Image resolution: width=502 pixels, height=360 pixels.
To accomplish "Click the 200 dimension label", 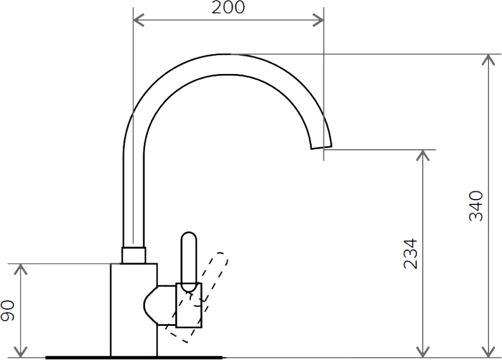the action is click(x=228, y=7).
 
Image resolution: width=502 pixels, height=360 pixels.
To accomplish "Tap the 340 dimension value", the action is click(x=476, y=206).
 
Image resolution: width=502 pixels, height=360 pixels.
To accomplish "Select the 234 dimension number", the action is click(x=411, y=253).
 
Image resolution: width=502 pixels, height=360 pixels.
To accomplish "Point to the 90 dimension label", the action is click(x=8, y=310).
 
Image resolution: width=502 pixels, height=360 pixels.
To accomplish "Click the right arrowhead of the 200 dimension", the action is click(x=318, y=20).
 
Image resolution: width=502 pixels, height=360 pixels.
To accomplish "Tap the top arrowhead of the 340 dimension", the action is click(x=488, y=59).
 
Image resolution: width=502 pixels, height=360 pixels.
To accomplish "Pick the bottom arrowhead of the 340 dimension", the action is click(x=488, y=352).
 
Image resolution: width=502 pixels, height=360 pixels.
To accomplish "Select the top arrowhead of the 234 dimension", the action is click(x=423, y=155).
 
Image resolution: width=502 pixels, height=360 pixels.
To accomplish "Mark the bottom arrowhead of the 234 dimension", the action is click(x=423, y=352).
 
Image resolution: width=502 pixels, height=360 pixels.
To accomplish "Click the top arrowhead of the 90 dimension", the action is click(x=21, y=270).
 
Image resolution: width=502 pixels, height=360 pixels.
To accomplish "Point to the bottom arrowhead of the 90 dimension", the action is click(x=21, y=352).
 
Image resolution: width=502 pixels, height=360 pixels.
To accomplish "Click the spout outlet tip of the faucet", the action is click(x=321, y=147).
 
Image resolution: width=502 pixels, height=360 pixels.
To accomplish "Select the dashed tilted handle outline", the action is click(x=197, y=297).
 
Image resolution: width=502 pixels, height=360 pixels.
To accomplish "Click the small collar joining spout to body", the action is click(x=134, y=255).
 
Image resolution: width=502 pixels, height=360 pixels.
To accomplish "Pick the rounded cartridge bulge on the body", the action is click(x=151, y=305).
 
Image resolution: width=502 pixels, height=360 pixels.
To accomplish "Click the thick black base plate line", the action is click(x=134, y=357).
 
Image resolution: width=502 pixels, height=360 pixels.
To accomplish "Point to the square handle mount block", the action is click(x=189, y=305).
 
